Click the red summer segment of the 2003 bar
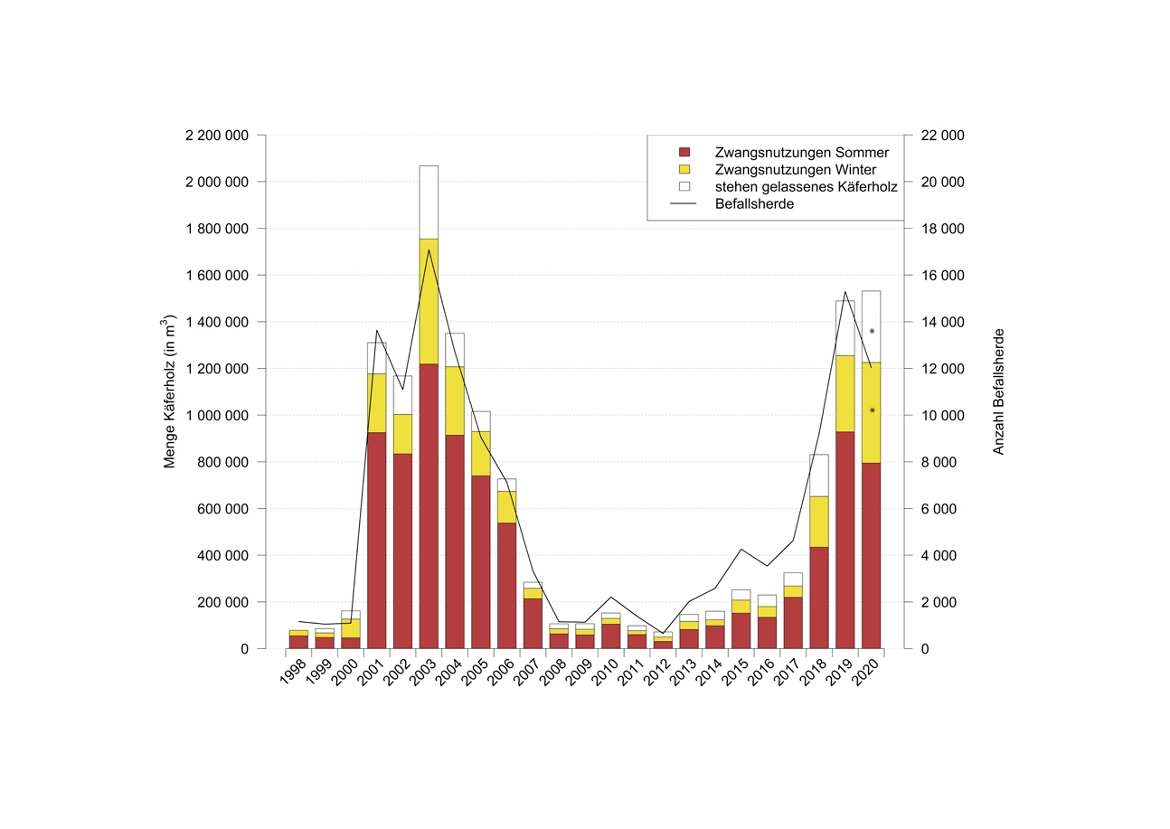coord(429,506)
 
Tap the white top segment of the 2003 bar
coord(429,202)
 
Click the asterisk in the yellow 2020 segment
coord(872,411)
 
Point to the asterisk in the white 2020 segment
coord(872,332)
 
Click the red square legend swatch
coord(684,152)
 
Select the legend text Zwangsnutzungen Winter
coord(795,169)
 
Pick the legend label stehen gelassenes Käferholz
coord(806,187)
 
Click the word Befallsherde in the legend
coord(754,204)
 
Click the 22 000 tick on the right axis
coord(941,136)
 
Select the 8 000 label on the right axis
coord(937,462)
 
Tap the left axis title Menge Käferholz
coord(169,391)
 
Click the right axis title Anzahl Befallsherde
coord(999,391)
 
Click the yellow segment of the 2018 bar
coord(819,521)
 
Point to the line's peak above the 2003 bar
coord(429,250)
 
